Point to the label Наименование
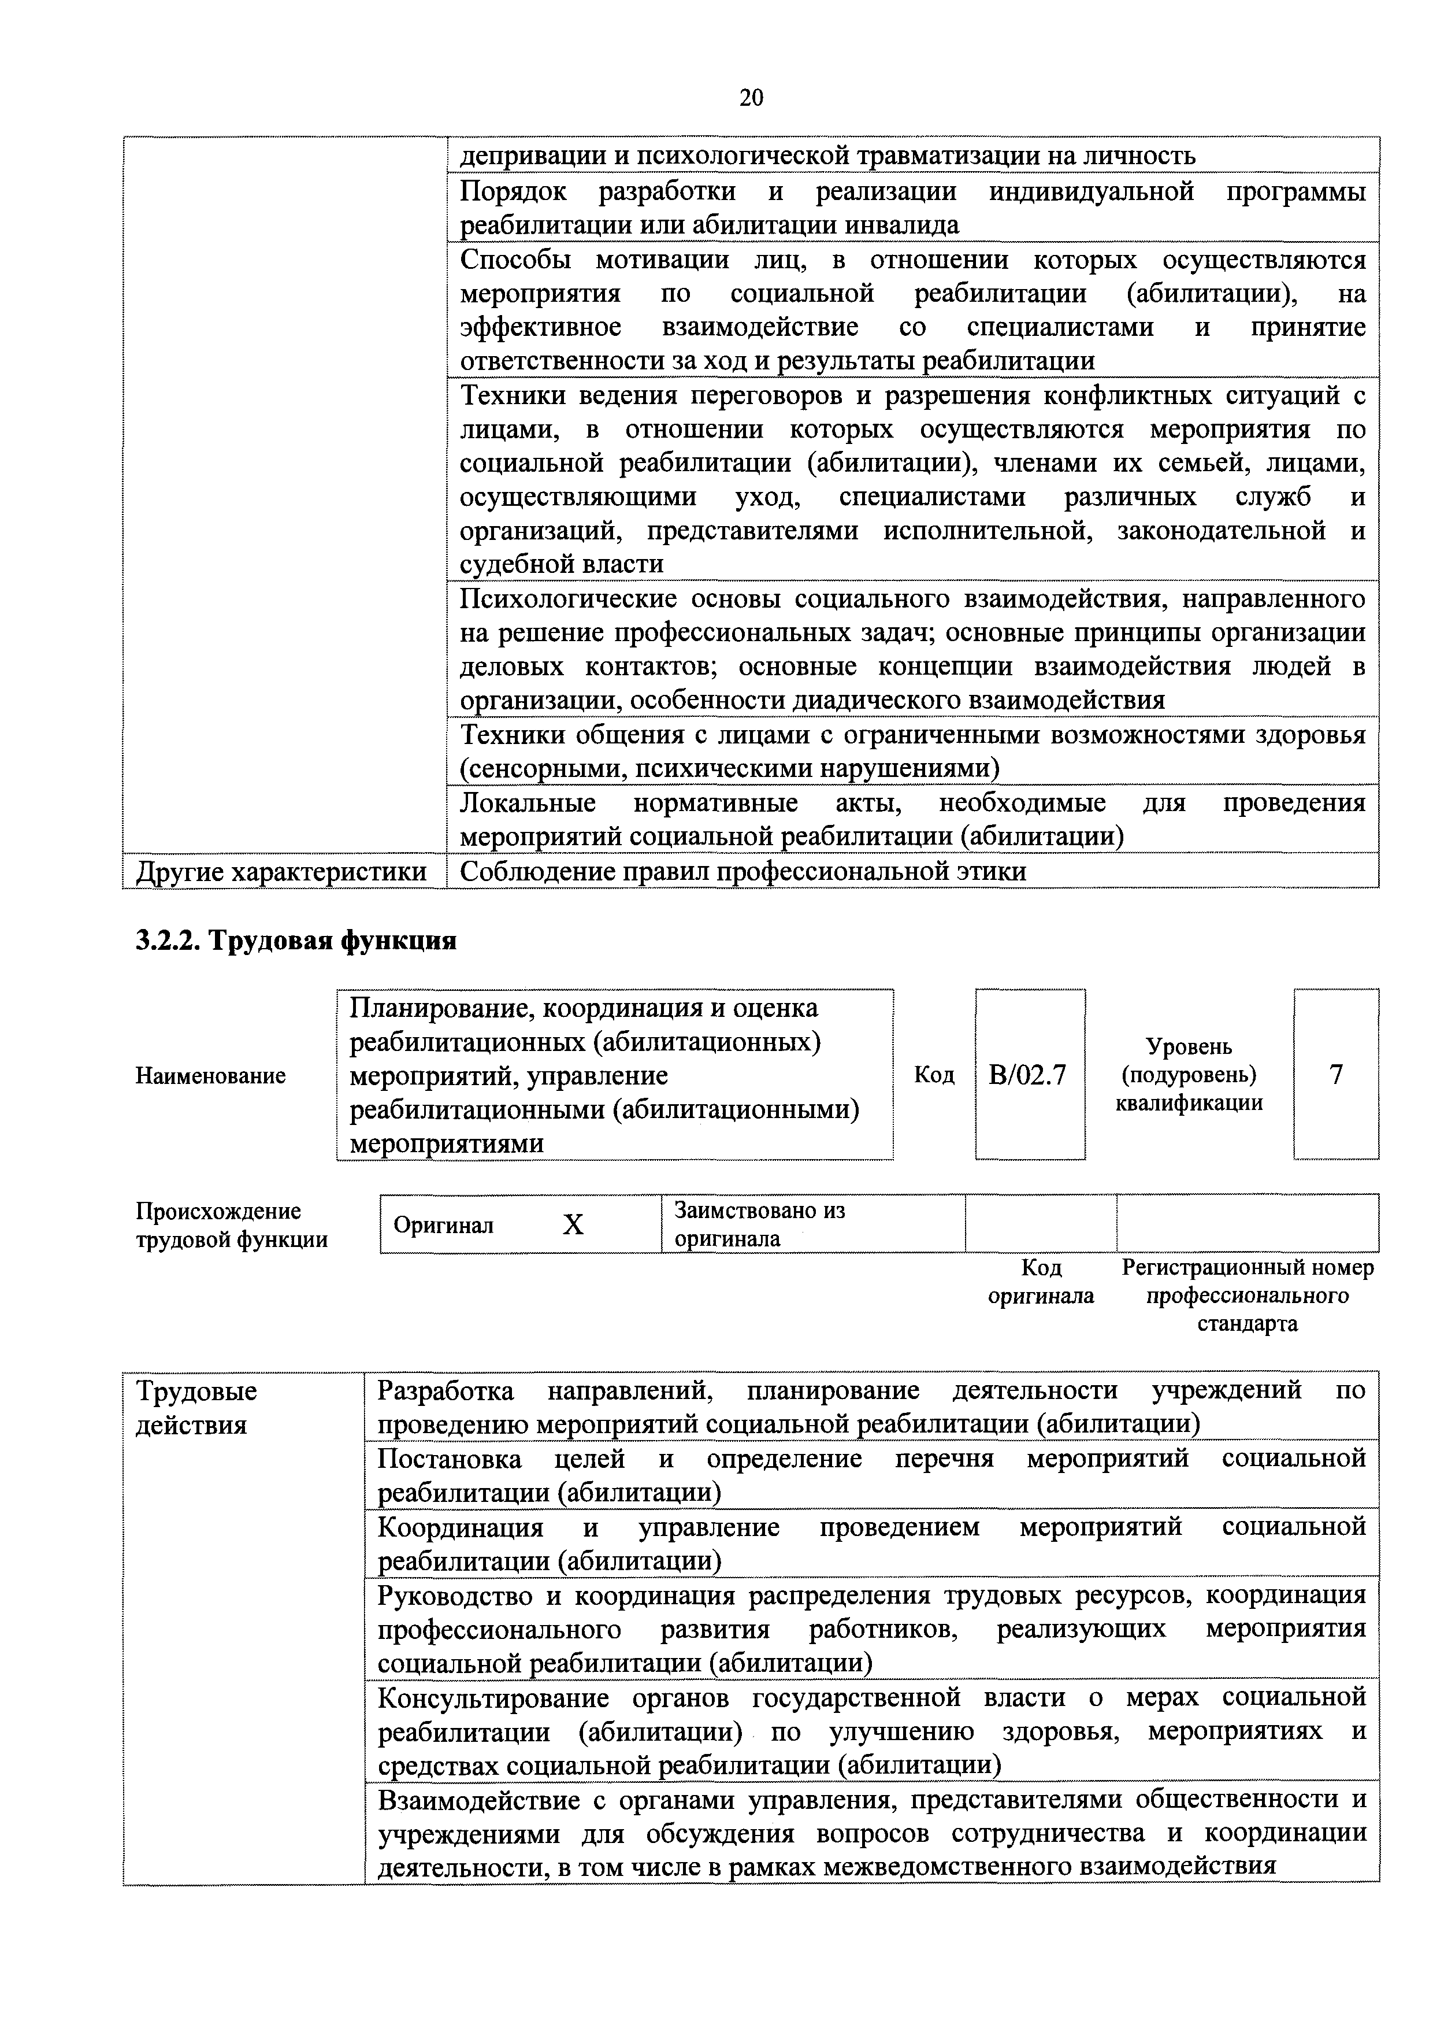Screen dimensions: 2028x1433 point(210,1076)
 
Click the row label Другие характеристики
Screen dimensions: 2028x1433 point(281,872)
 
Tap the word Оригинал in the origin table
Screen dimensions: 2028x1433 point(443,1225)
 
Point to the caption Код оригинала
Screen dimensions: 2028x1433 point(1040,1282)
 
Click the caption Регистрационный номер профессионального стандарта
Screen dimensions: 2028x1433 point(1247,1295)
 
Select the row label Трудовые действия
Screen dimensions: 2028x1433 point(196,1408)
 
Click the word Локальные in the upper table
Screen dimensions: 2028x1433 point(528,803)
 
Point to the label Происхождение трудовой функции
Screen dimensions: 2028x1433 point(231,1225)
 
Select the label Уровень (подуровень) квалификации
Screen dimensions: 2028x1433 point(1189,1075)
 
